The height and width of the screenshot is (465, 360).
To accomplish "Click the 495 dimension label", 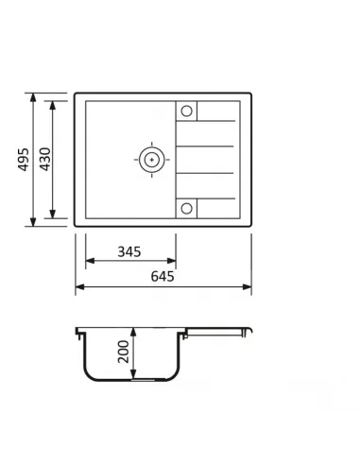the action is pos(24,160).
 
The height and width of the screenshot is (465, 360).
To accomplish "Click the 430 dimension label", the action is pos(45,159).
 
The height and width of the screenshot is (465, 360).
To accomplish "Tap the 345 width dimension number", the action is pos(129,251).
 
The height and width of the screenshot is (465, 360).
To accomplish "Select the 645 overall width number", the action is pos(163,276).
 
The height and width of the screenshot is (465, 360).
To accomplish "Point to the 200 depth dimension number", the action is pos(123,352).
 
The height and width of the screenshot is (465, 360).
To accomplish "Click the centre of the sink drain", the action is pos(152,160).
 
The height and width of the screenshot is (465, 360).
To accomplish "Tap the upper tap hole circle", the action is pos(186,111).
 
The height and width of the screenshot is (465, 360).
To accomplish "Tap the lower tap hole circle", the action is pos(186,208).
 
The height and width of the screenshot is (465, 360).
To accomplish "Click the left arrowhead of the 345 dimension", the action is pos(90,261).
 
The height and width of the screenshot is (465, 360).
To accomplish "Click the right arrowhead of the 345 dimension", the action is pos(172,261).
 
